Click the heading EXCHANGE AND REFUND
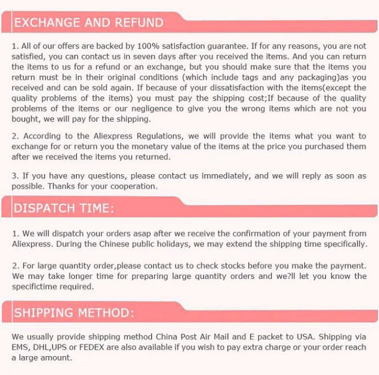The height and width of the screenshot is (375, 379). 89,23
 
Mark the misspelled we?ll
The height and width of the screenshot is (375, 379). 286,276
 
